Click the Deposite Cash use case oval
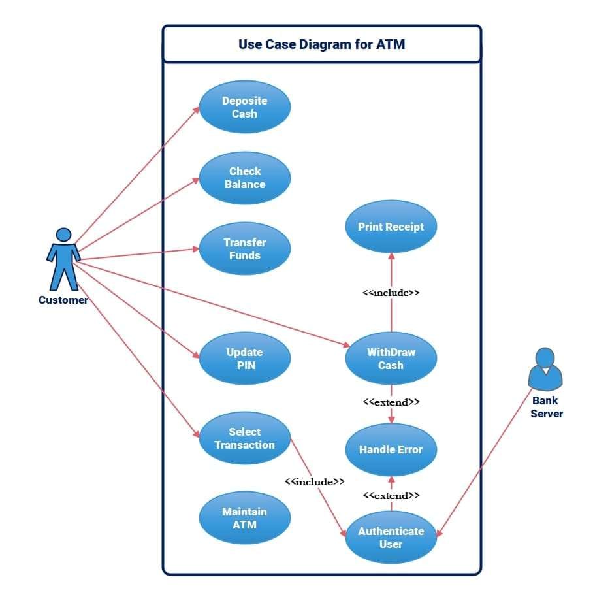(244, 107)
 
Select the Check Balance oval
(244, 178)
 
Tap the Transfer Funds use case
(244, 249)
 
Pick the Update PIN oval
(244, 359)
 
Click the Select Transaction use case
(244, 438)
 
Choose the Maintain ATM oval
(244, 518)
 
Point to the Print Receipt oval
(391, 227)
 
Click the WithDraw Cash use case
(391, 359)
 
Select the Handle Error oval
(391, 449)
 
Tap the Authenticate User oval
(391, 538)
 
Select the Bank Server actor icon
(545, 369)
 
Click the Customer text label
(63, 300)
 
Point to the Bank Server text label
(546, 407)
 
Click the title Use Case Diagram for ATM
(321, 44)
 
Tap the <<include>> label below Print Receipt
(391, 293)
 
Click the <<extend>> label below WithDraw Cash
(391, 402)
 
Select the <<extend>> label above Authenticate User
(391, 495)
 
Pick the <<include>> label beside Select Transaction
(314, 481)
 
